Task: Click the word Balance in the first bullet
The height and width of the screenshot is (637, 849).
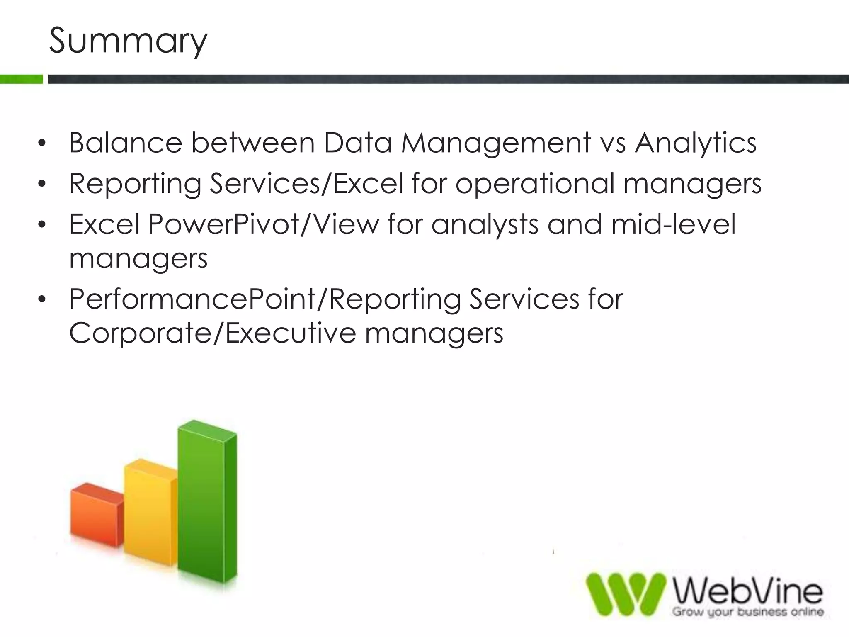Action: click(x=126, y=143)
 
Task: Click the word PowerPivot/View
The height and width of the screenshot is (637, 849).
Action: click(x=263, y=224)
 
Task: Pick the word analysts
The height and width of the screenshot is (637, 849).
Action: click(x=484, y=224)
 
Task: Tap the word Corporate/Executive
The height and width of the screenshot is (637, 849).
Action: click(x=212, y=333)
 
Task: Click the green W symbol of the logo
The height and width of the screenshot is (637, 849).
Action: click(x=625, y=594)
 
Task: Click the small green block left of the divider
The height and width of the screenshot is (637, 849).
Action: click(x=21, y=79)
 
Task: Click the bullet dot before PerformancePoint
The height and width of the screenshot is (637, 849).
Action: click(x=41, y=299)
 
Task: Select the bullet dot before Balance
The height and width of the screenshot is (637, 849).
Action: click(x=41, y=143)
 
